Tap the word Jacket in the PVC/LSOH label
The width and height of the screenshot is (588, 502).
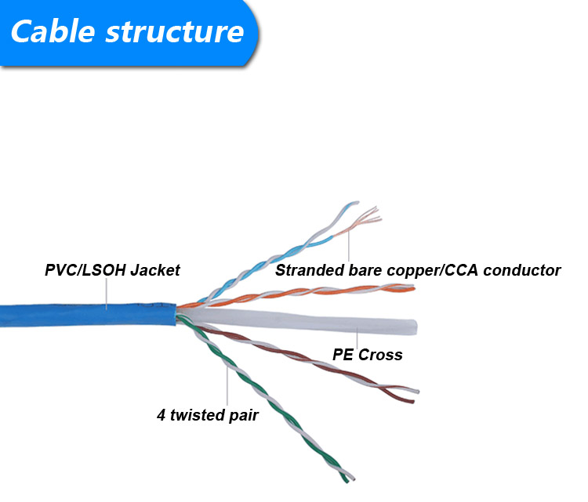click(x=154, y=270)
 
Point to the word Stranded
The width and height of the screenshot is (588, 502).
click(x=308, y=270)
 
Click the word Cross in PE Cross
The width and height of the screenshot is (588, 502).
click(x=380, y=355)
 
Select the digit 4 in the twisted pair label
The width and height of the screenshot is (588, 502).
click(x=162, y=415)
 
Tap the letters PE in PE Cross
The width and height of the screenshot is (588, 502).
click(x=343, y=355)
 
